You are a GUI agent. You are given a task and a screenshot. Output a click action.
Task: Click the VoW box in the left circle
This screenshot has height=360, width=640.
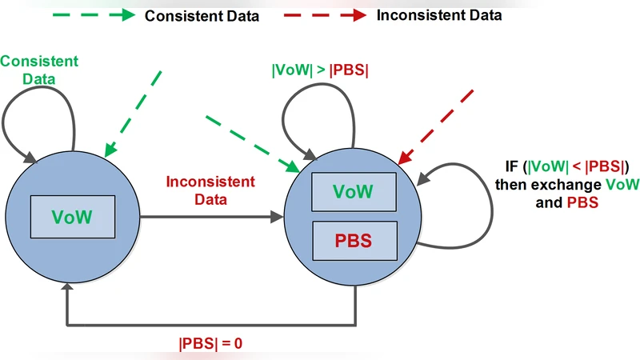click(72, 216)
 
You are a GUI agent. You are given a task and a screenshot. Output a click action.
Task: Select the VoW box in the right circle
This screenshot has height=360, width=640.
click(353, 192)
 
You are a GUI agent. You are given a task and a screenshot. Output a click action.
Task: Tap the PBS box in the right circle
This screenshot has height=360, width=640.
click(353, 241)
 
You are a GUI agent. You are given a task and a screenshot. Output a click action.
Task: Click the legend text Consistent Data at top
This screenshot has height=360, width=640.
click(202, 16)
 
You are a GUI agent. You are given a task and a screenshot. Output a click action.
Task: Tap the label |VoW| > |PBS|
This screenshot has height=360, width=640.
click(320, 70)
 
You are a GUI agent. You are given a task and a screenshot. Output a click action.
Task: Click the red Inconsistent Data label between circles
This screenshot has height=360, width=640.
click(210, 190)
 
